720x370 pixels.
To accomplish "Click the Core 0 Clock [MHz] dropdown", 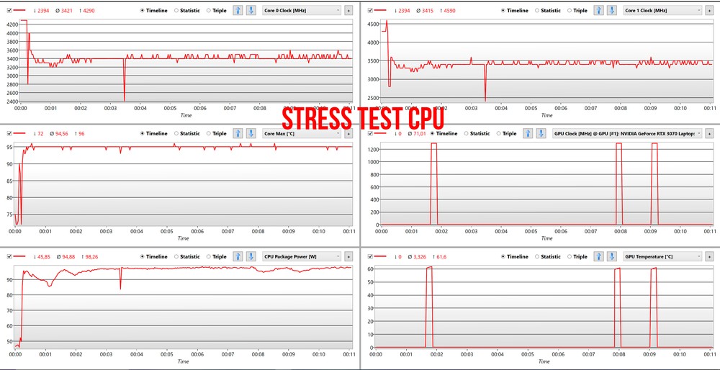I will pos(302,11).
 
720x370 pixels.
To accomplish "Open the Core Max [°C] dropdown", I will pos(302,133).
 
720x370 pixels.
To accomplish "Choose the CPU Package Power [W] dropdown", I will pos(302,256).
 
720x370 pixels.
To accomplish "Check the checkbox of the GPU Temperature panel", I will pos(370,256).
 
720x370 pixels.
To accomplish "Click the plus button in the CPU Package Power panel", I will pos(348,256).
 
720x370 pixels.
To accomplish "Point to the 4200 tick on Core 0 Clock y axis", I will pos(12,24).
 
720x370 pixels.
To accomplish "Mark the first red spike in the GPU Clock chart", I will pos(433,180).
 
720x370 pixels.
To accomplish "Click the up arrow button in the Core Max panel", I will pos(238,133).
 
